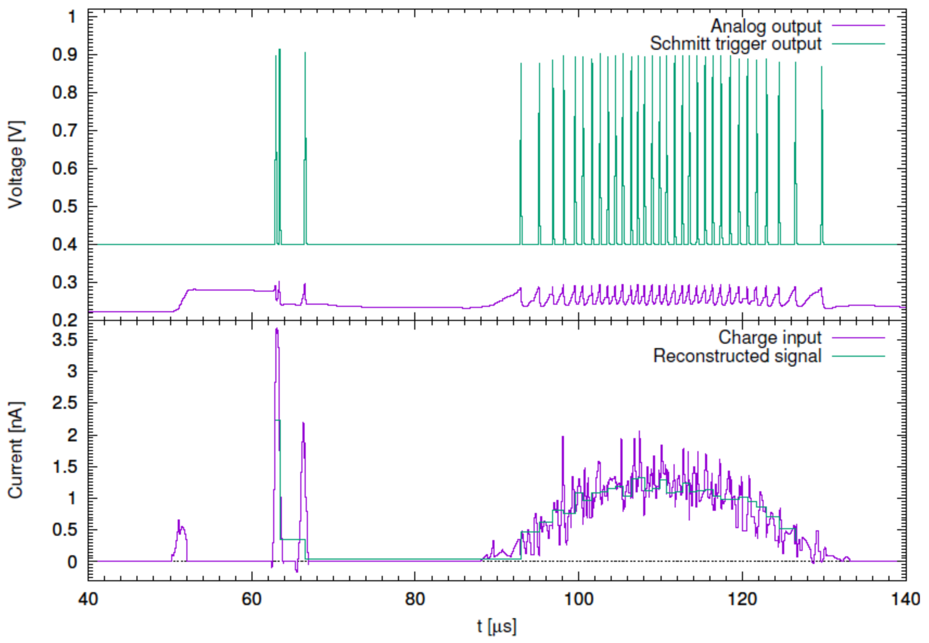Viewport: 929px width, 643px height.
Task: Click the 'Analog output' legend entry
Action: click(766, 26)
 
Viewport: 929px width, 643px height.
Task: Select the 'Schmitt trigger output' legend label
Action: click(736, 44)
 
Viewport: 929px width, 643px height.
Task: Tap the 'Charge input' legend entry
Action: click(770, 338)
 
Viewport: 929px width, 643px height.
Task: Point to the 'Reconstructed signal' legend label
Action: click(737, 356)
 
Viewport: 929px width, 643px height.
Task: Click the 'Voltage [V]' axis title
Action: click(16, 165)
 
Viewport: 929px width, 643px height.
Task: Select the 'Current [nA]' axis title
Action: click(16, 450)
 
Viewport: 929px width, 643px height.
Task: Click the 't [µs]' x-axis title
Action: click(496, 627)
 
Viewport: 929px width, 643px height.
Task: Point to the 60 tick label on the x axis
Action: click(251, 599)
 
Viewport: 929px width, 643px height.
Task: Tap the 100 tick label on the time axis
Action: click(578, 599)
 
